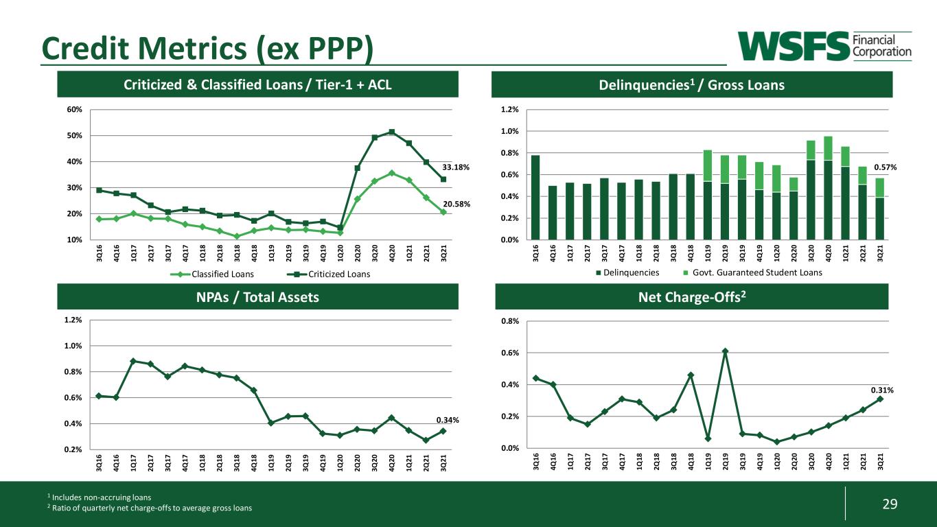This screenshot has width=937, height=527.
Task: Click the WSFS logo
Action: click(x=824, y=46)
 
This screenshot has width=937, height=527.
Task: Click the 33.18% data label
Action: click(x=456, y=167)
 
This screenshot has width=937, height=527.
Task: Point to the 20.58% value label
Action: click(x=456, y=204)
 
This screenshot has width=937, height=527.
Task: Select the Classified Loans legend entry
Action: click(x=212, y=274)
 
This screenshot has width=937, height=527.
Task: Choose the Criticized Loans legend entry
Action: click(x=328, y=274)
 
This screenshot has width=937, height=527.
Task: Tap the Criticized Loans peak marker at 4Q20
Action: click(x=391, y=132)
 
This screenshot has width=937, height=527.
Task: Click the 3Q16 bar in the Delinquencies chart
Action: click(x=535, y=198)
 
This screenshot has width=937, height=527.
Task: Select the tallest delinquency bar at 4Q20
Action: click(x=828, y=188)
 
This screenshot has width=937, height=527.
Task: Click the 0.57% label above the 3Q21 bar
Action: click(x=885, y=167)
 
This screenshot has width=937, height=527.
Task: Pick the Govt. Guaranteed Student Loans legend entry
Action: click(x=752, y=272)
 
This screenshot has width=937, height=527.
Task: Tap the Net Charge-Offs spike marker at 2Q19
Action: click(x=725, y=351)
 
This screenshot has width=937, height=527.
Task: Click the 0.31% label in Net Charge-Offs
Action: click(x=882, y=390)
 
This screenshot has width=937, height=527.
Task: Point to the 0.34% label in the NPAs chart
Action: click(x=448, y=420)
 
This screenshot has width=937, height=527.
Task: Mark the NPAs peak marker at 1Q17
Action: click(x=133, y=361)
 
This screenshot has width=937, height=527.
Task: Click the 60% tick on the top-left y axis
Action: click(x=74, y=110)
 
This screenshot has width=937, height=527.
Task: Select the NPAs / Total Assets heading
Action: click(x=257, y=297)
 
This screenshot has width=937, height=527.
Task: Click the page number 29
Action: click(x=890, y=504)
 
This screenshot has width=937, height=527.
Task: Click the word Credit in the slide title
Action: click(x=86, y=48)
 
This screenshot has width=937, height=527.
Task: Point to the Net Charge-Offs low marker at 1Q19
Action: click(x=708, y=438)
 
